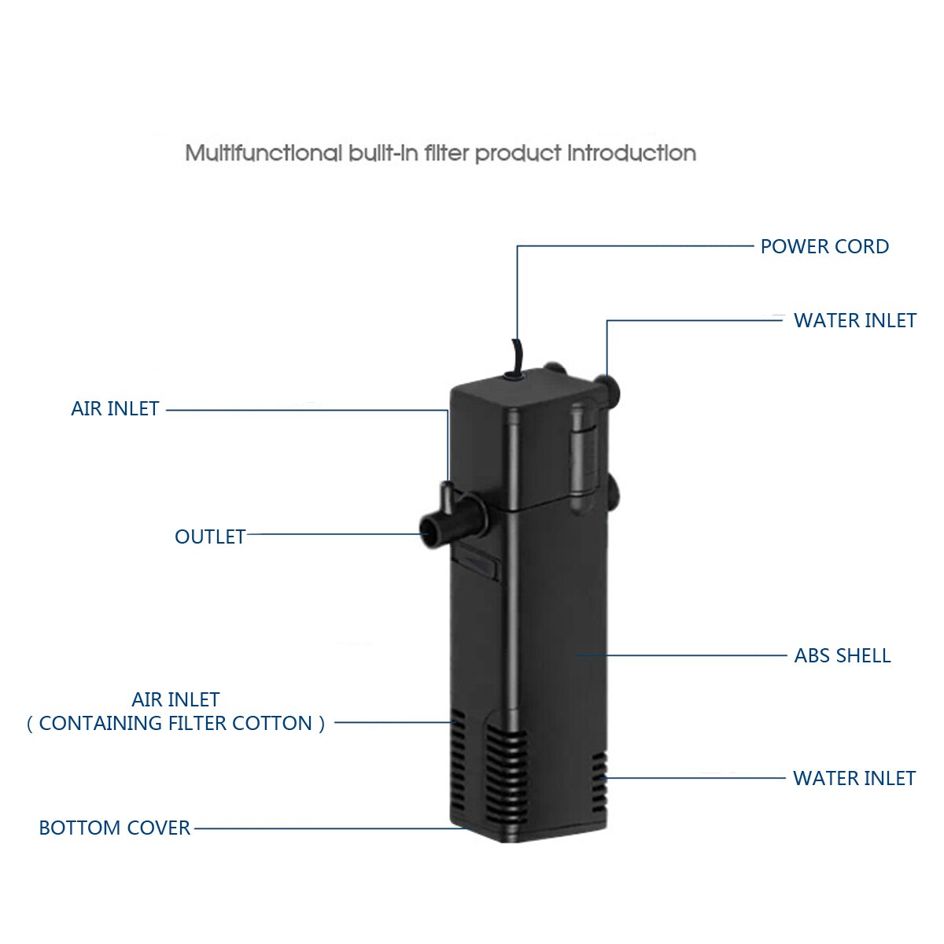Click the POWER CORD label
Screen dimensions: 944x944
tap(824, 246)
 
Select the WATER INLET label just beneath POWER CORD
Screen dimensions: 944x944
tap(854, 320)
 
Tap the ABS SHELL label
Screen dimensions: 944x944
tap(842, 655)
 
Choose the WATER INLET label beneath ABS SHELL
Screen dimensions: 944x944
tap(854, 778)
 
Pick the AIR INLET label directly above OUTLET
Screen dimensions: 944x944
tap(115, 408)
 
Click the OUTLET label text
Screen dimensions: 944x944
tap(210, 537)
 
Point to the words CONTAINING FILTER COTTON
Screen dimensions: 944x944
tap(175, 724)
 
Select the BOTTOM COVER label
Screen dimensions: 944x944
tap(115, 828)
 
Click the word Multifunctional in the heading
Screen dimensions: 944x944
tap(264, 153)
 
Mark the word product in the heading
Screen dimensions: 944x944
tap(518, 153)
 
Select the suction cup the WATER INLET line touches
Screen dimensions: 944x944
tap(607, 386)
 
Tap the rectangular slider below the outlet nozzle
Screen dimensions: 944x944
tap(478, 564)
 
